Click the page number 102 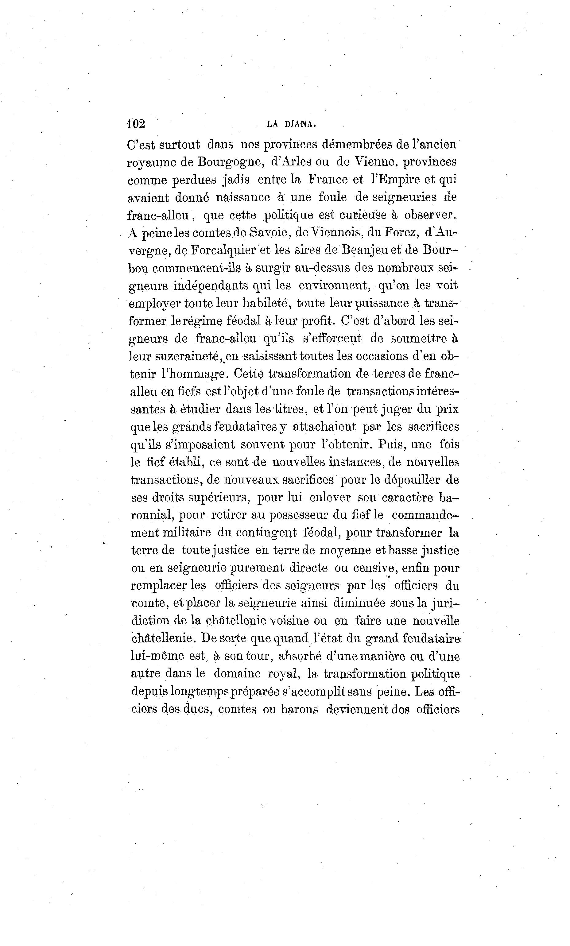[x=135, y=124]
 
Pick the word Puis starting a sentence [x=389, y=444]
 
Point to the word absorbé [x=299, y=657]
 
